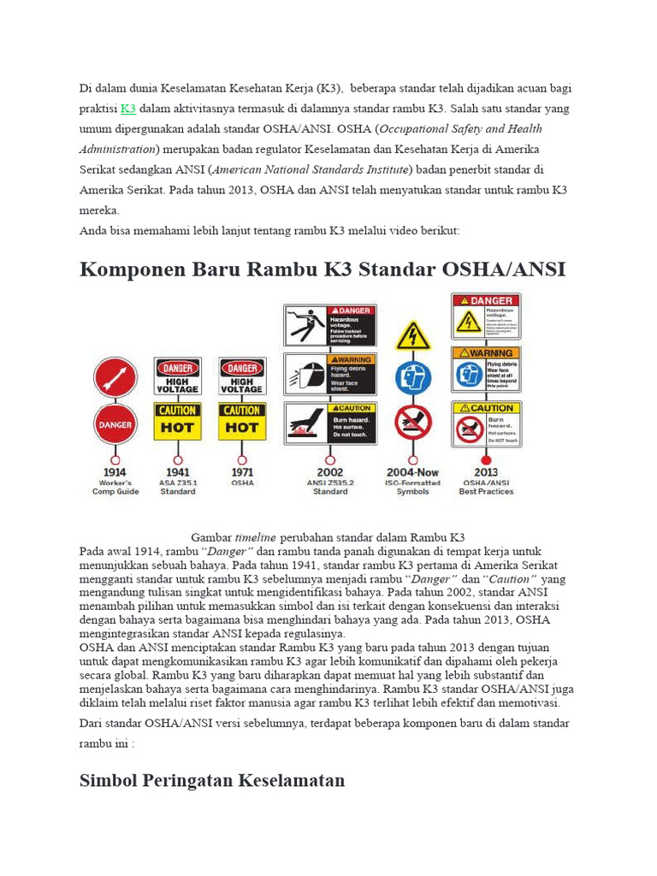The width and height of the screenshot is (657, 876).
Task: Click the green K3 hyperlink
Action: [128, 109]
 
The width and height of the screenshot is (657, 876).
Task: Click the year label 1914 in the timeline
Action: [115, 471]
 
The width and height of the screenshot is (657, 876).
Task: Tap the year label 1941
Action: [177, 471]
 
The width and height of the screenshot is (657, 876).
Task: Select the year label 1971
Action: [242, 471]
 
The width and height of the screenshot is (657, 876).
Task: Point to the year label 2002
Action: [330, 471]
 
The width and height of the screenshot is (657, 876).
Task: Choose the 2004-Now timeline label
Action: [413, 471]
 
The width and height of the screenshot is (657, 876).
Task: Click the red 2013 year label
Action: [486, 471]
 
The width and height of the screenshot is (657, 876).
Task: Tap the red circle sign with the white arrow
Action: [115, 377]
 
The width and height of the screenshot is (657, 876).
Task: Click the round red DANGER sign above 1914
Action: [115, 423]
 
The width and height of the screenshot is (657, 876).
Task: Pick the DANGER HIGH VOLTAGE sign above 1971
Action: [242, 376]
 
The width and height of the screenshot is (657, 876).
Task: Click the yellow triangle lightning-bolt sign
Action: [413, 336]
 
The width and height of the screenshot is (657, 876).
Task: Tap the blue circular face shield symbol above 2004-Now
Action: [413, 377]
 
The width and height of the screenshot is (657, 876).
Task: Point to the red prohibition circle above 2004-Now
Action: [413, 422]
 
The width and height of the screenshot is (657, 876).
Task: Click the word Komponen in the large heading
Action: [130, 269]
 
